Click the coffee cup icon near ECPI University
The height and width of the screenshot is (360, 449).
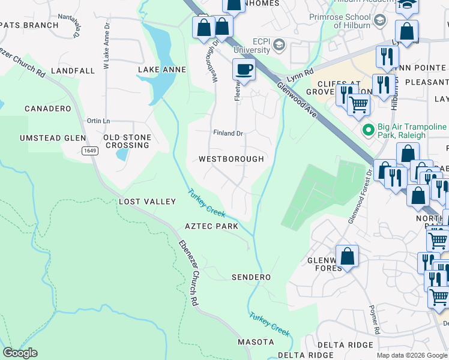point(243,70)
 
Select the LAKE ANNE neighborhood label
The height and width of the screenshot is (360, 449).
point(162,70)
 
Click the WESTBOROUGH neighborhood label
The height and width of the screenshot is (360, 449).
point(231,159)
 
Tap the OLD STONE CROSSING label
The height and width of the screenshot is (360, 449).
point(127,141)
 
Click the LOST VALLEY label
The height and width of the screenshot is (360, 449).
point(147,202)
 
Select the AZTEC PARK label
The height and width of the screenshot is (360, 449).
point(211,226)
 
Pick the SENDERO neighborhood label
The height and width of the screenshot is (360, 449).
point(251,277)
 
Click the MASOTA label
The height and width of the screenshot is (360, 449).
point(256,342)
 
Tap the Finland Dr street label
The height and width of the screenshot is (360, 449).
point(228,133)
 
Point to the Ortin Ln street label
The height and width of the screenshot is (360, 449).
point(98,121)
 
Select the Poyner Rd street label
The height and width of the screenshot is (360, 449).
point(376,322)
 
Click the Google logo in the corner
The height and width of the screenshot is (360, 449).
point(20,353)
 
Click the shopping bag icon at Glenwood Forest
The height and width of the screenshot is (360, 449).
point(347,256)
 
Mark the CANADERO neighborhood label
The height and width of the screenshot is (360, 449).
point(47,109)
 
